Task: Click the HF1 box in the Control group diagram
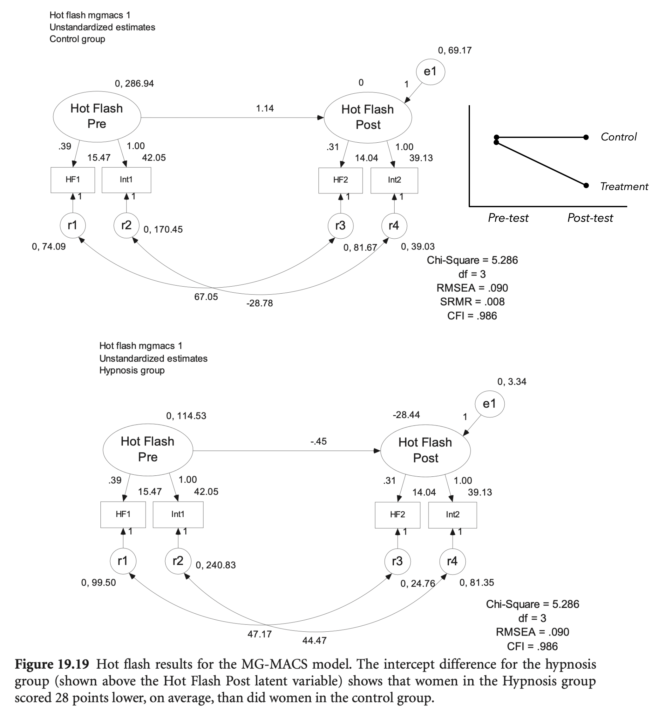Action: click(x=73, y=180)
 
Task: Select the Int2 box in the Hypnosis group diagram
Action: click(x=452, y=514)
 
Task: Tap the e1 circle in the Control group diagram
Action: click(x=431, y=72)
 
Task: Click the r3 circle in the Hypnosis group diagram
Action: click(x=397, y=561)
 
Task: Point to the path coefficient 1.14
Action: click(x=265, y=108)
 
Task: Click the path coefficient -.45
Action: click(x=318, y=441)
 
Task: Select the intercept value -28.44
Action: click(x=406, y=415)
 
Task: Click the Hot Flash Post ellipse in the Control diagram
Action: click(x=368, y=117)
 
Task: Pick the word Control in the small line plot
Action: click(x=618, y=137)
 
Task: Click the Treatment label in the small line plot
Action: click(x=624, y=187)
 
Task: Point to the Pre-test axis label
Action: click(x=508, y=218)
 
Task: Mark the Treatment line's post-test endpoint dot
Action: click(x=586, y=186)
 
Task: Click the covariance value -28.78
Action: click(x=260, y=303)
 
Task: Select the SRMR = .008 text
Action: click(x=472, y=302)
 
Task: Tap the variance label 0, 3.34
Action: click(x=512, y=382)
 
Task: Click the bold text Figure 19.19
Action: click(x=52, y=664)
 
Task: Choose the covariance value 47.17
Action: click(x=260, y=634)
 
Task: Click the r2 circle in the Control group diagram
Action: click(x=126, y=225)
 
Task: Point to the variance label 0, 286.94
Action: click(x=134, y=84)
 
